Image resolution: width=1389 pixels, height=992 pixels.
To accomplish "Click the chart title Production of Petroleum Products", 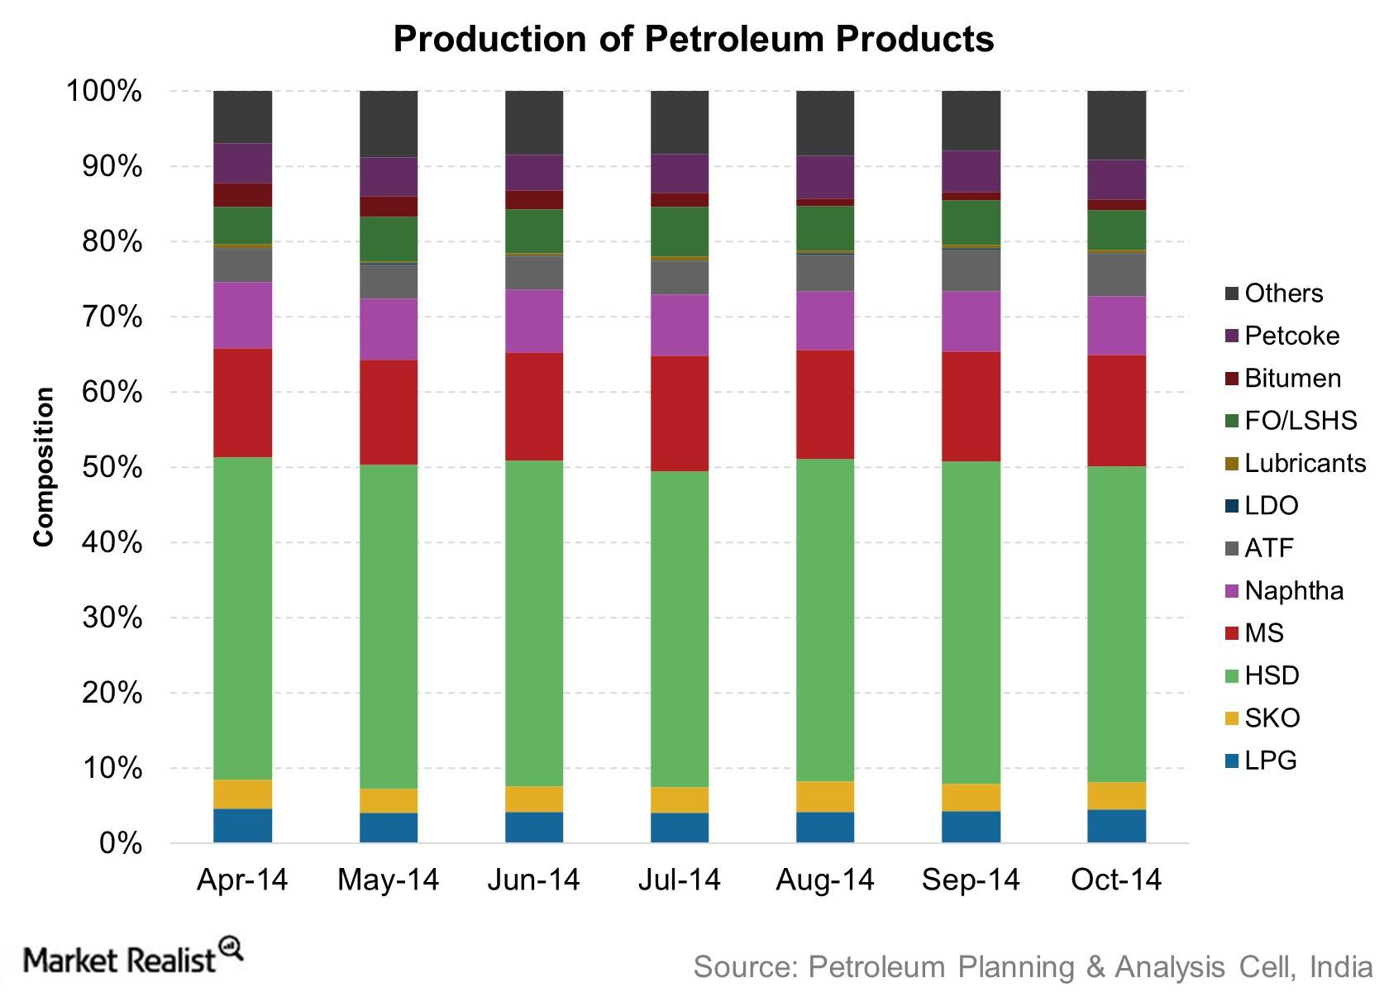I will (693, 39).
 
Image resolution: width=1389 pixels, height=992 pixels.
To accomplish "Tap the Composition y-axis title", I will (43, 466).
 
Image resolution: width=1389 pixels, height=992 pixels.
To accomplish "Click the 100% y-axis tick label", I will (104, 92).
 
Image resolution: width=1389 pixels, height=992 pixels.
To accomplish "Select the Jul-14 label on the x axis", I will (679, 880).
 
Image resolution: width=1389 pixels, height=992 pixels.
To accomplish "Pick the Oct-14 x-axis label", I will (1116, 880).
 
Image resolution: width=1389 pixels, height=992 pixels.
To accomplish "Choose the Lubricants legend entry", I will (1305, 463).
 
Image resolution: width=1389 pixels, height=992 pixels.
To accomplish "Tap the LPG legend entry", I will (1270, 760).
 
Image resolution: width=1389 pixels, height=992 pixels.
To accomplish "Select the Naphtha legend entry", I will (1294, 590).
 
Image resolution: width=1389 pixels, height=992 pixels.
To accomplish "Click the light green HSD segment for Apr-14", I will (242, 618).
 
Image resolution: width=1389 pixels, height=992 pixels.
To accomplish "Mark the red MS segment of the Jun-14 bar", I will (534, 407).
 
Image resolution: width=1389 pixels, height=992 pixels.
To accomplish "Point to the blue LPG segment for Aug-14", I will (825, 827).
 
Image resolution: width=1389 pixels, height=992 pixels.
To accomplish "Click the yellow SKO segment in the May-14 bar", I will (389, 801).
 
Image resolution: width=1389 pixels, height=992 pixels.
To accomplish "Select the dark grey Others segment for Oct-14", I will (1116, 125).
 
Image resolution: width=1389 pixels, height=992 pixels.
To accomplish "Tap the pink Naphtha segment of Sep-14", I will (971, 322).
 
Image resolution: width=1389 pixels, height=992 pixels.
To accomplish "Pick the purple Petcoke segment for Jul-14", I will (680, 174).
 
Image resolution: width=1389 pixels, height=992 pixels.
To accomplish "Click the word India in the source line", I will (1341, 966).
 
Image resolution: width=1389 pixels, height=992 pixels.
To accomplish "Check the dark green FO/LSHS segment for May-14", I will (389, 239).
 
